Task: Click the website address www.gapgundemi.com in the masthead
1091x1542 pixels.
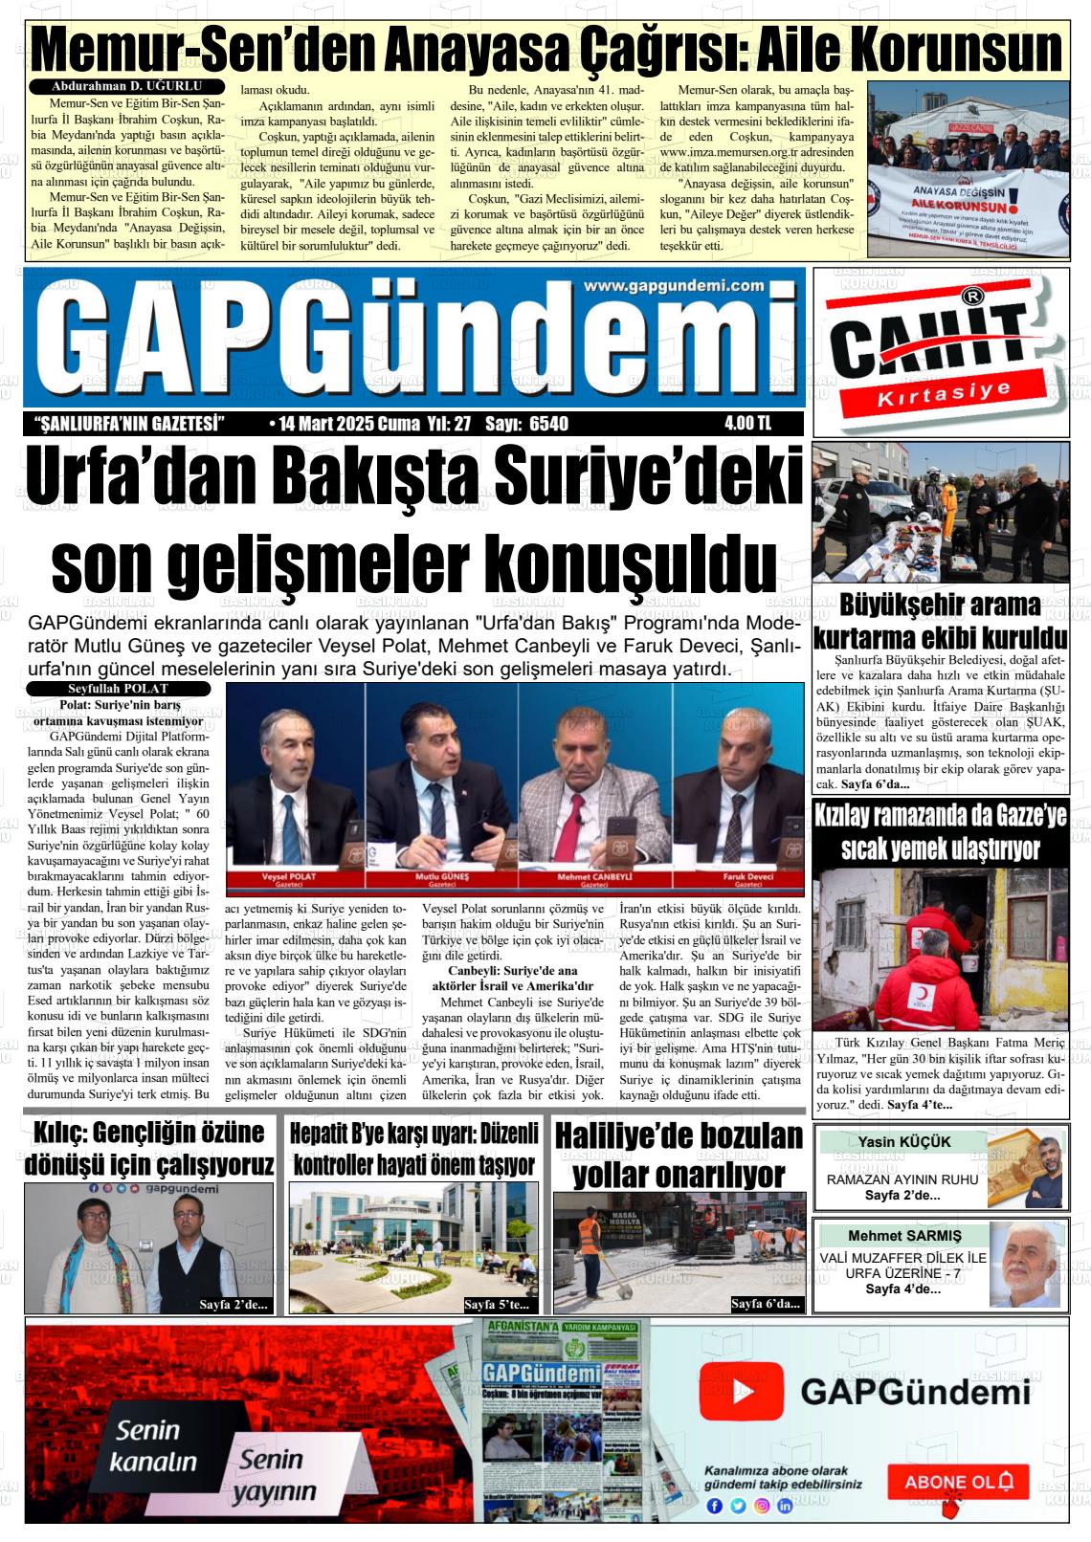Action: coord(674,286)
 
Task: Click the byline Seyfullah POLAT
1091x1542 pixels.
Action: coord(118,689)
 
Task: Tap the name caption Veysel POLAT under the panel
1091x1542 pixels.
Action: coord(288,877)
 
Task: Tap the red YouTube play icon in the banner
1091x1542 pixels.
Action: coord(741,1391)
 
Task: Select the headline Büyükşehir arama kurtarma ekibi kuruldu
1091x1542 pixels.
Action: coord(940,621)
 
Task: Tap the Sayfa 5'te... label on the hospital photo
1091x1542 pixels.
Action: coord(496,1304)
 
